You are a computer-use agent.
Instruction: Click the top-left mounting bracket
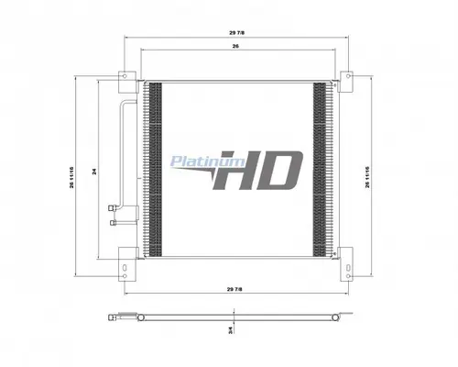125,76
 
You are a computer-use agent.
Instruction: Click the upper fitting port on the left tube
113,206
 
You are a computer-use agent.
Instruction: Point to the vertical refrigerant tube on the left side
118,151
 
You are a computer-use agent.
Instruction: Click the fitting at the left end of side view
114,317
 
